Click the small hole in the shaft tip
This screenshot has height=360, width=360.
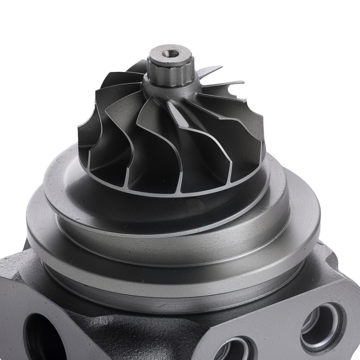click(x=170, y=54)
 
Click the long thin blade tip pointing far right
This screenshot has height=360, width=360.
click(x=230, y=84)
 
